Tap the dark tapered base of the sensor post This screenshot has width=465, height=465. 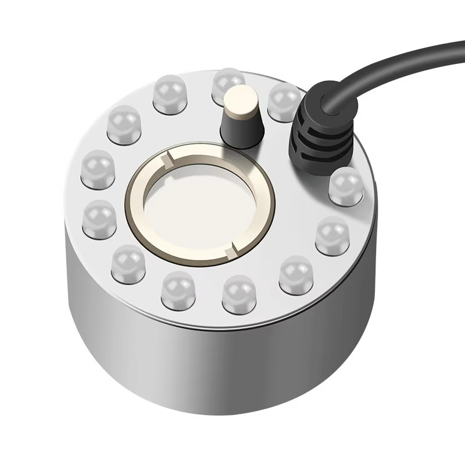pyautogui.click(x=238, y=133)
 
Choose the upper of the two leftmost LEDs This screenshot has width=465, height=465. pyautogui.click(x=98, y=169)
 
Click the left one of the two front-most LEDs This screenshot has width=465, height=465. pyautogui.click(x=177, y=290)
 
